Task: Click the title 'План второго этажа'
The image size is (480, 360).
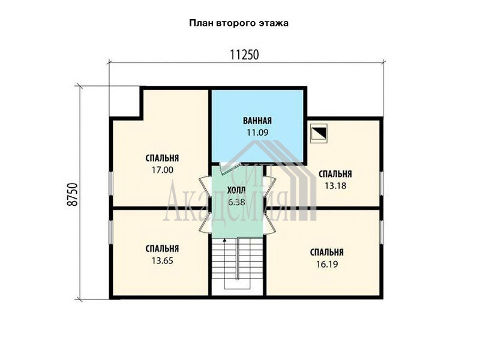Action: click(x=239, y=23)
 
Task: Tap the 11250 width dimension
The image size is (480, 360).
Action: click(x=244, y=55)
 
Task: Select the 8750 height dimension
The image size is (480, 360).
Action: click(x=73, y=194)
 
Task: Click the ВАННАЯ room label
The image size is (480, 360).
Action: click(x=257, y=121)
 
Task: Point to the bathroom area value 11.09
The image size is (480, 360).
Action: click(x=257, y=133)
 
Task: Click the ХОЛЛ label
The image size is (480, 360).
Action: click(x=236, y=190)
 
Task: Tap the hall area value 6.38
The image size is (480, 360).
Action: click(x=236, y=202)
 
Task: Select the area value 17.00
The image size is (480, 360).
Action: click(x=163, y=170)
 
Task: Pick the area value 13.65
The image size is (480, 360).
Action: click(x=162, y=260)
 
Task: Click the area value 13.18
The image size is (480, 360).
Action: click(x=335, y=185)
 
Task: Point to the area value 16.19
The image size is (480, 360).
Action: click(x=327, y=264)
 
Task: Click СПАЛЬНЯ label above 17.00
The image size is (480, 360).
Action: click(x=162, y=158)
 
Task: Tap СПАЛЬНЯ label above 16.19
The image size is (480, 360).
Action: click(x=327, y=253)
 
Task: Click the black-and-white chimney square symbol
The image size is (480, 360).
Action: click(x=319, y=133)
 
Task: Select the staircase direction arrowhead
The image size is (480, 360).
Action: click(x=225, y=241)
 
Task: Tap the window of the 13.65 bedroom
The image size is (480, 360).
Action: click(x=111, y=232)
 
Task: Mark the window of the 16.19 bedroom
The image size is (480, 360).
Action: click(x=382, y=232)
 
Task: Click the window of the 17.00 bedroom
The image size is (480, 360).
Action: click(x=111, y=183)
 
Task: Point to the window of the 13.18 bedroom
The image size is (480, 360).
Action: click(x=382, y=183)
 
